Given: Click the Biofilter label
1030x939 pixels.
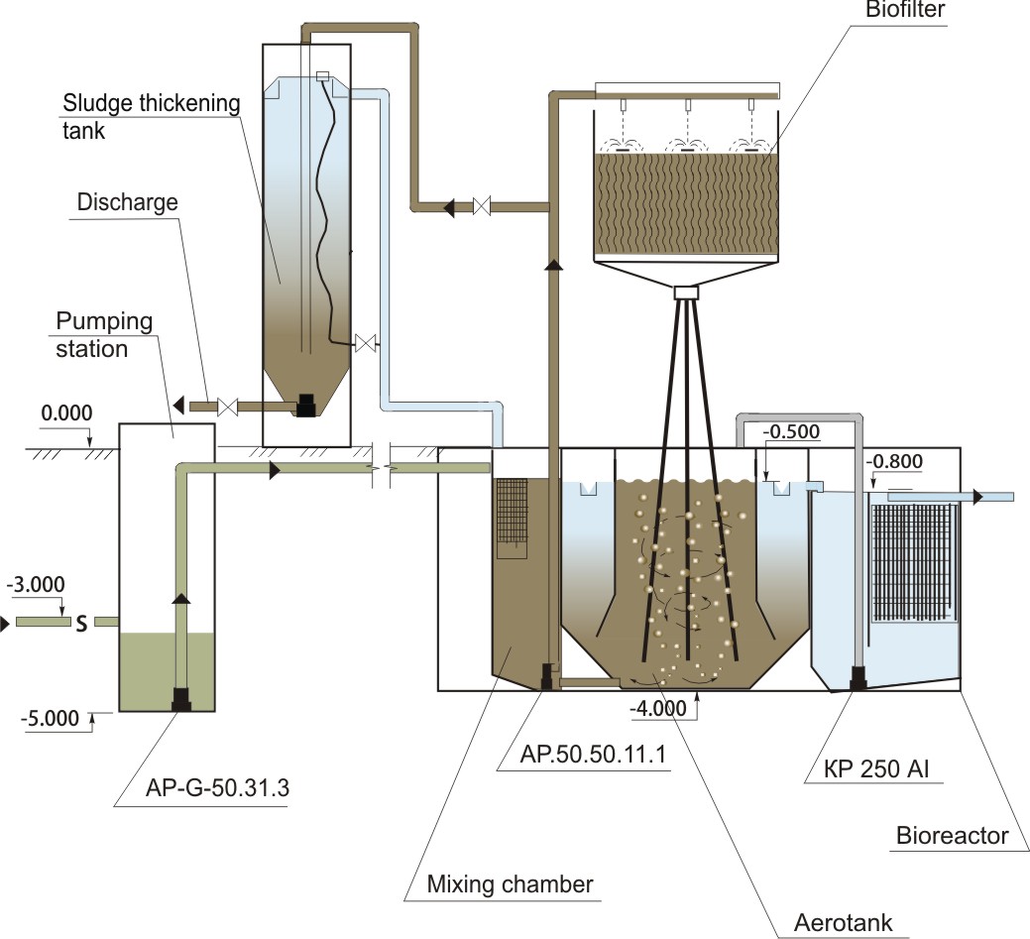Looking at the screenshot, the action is point(904,9).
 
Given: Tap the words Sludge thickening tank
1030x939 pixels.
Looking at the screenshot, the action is point(151,116).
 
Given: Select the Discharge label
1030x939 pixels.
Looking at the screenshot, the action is point(128,201).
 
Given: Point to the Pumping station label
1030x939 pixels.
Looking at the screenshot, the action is point(104,334).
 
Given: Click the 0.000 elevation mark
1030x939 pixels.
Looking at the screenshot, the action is point(66,412).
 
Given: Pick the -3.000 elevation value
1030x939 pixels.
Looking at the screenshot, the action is point(36,584).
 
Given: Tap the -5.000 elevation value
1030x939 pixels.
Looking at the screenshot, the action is point(50,718).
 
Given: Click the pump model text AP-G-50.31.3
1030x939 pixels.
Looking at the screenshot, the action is point(217,787).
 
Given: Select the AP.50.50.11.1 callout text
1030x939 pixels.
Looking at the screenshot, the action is point(593,755).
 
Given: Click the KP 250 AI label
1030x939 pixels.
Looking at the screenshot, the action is point(876,768).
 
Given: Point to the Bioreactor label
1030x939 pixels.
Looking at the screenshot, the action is point(952,836).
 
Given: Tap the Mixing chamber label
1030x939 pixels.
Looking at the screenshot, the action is point(510,884).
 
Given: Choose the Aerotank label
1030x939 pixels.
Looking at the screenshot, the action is point(843,922).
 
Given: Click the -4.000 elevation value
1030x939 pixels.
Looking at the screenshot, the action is point(658,708).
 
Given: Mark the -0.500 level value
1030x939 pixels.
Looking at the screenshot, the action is point(791,431).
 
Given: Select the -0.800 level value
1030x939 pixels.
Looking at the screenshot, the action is point(894,461).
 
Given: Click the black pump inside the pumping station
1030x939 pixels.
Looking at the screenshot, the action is point(181,698).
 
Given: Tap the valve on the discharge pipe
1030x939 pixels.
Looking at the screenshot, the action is point(227,407).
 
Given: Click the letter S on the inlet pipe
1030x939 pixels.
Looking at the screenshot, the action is point(81,623).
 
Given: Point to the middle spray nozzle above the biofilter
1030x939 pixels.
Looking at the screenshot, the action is point(687,105).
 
